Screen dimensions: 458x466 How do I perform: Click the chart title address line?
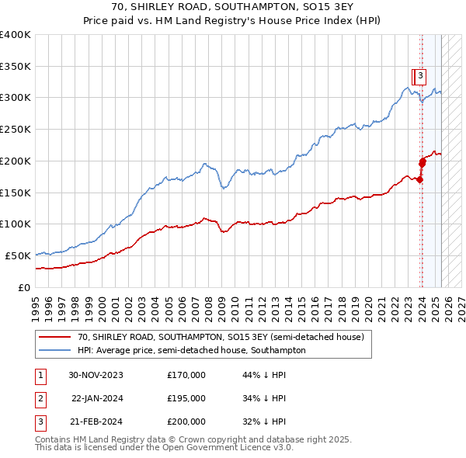coord(233,8)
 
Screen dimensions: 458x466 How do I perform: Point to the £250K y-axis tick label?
coord(16,130)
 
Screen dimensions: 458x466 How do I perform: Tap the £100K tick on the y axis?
coord(16,224)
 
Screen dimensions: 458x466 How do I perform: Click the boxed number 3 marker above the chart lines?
coord(419,76)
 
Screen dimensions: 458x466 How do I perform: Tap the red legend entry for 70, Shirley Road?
coord(221,338)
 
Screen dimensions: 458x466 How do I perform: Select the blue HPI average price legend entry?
coord(191,350)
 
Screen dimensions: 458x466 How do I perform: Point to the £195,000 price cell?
coord(186,398)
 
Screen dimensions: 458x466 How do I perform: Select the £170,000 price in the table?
coord(186,374)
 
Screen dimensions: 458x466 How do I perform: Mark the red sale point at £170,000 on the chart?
coord(420,179)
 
